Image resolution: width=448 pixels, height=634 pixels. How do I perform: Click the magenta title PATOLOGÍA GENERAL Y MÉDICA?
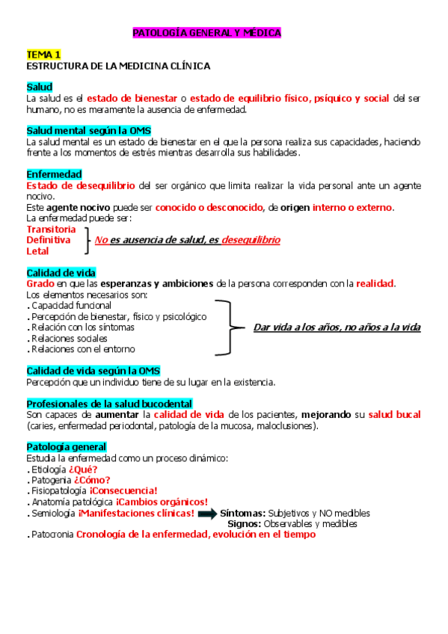206,34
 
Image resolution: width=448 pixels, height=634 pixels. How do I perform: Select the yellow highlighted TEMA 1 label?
43,55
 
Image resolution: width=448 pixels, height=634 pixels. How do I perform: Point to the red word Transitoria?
51,229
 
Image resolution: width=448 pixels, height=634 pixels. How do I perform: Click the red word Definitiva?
49,240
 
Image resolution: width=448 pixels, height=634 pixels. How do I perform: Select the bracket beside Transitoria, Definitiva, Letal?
89,240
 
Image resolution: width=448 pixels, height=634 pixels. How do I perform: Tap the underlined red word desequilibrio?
251,240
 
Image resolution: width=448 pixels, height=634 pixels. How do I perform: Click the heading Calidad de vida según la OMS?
93,371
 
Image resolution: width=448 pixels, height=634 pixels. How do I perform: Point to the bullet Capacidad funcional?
71,305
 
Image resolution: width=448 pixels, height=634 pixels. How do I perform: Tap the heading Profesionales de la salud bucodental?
109,403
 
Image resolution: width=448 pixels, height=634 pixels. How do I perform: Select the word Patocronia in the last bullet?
52,535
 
